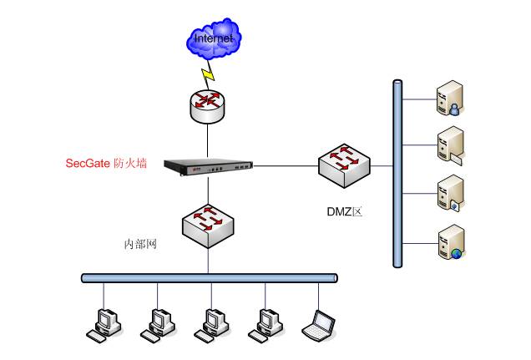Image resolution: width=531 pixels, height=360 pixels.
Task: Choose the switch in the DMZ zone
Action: point(344,161)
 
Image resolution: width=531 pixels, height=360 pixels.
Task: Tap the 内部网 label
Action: point(141,245)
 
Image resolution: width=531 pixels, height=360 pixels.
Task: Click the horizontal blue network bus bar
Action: point(209,277)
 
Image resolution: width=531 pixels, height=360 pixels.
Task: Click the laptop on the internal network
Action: point(320,323)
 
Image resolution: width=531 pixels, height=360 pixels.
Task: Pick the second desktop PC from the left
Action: point(157,323)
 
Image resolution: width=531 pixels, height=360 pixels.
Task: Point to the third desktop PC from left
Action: point(210,323)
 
